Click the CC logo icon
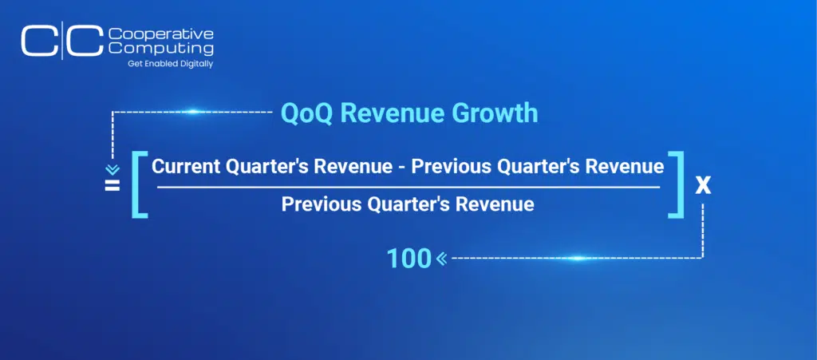coord(62,40)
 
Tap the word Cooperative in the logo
coord(161,34)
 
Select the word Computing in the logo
coord(161,49)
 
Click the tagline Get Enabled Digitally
coord(171,64)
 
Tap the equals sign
coord(112,185)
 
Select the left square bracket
coord(140,184)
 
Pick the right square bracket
coord(676,184)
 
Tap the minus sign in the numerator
coord(402,168)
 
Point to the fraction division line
coord(408,187)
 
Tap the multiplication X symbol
coord(703,186)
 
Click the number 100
coord(409,259)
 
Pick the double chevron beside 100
coord(441,258)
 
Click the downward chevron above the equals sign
coord(112,170)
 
